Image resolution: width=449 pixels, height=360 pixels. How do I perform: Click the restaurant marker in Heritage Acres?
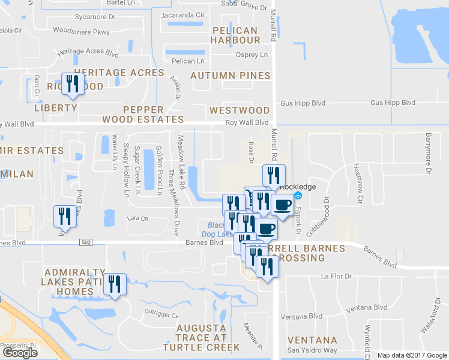point(71,84)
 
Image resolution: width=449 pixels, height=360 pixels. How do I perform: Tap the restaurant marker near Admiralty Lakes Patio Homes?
point(114,284)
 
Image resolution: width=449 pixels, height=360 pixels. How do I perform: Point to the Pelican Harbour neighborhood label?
point(235,35)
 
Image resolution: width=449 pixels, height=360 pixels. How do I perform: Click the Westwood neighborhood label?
point(240,110)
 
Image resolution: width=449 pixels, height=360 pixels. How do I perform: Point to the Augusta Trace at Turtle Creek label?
point(200,338)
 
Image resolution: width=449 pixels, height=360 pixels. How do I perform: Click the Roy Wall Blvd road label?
point(246,122)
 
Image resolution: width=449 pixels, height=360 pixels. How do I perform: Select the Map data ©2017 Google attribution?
point(412,355)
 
